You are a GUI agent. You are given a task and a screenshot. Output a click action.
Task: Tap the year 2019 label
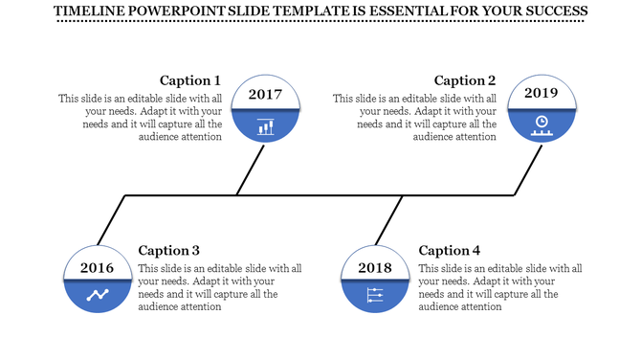541,94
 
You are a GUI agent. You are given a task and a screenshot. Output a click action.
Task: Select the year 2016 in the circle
98,267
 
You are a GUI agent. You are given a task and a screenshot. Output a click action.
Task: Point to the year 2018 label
375,267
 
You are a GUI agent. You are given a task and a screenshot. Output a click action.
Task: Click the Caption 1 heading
190,80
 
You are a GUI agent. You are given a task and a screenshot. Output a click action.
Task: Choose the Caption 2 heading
465,80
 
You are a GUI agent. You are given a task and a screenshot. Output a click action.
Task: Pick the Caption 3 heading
169,251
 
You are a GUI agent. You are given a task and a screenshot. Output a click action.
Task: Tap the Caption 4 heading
450,251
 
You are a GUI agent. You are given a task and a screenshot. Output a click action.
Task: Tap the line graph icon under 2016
98,295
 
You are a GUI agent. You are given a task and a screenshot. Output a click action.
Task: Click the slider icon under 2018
375,296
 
